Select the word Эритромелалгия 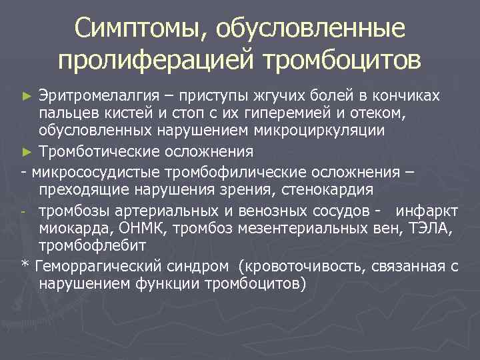click(x=99, y=95)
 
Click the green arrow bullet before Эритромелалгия click(x=27, y=96)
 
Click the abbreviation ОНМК click(x=139, y=229)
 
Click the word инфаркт click(x=427, y=211)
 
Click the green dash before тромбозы click(x=24, y=213)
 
